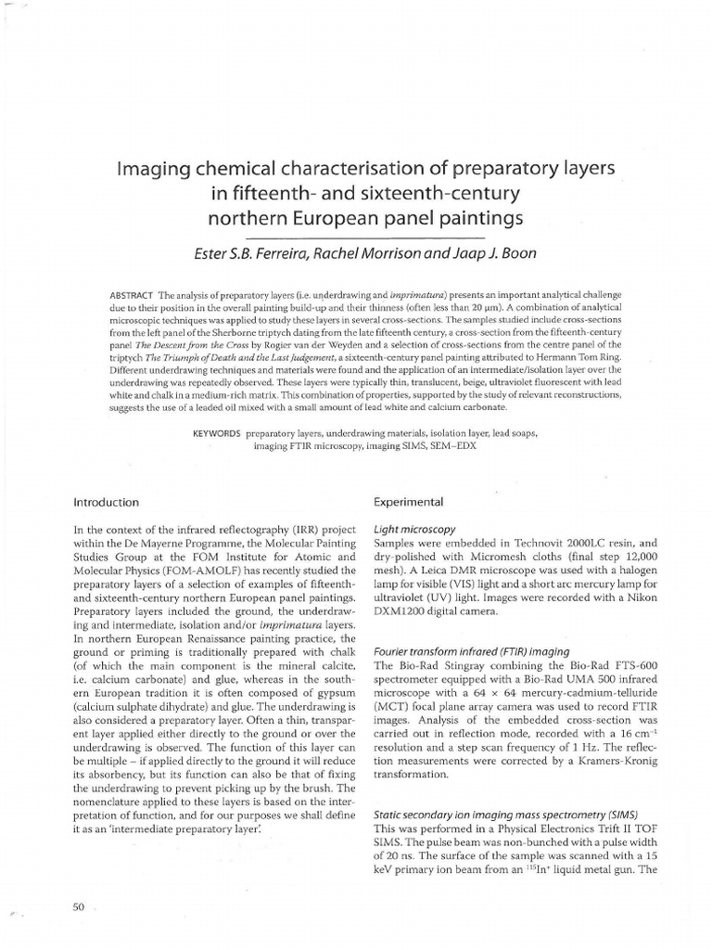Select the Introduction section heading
pyautogui.click(x=106, y=502)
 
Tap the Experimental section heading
pyautogui.click(x=409, y=502)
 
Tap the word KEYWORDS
pyautogui.click(x=217, y=433)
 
